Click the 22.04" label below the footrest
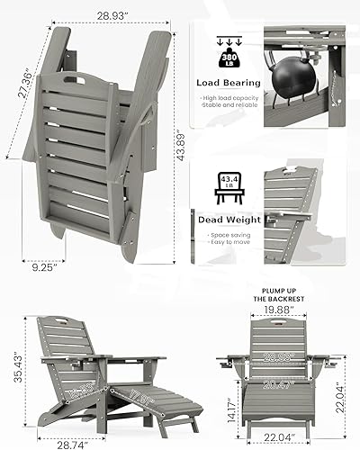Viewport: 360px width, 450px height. pos(281,436)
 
